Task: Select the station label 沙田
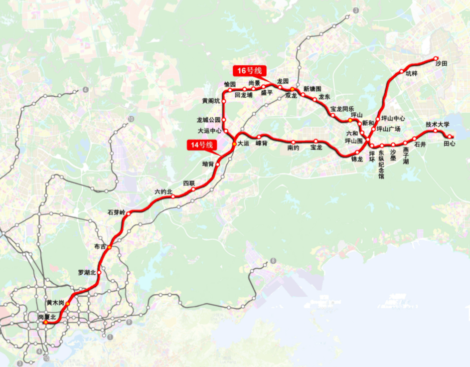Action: click(441, 64)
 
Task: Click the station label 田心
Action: click(449, 144)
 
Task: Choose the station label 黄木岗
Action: click(55, 303)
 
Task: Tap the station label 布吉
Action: click(100, 246)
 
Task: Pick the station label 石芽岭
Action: click(117, 212)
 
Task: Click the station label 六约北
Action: click(163, 192)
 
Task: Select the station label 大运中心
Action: click(209, 131)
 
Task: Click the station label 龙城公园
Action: click(208, 120)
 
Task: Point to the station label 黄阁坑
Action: click(211, 101)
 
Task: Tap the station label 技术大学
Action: click(437, 124)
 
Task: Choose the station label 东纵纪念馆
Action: click(381, 164)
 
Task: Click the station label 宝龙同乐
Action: click(342, 108)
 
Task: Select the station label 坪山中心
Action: click(393, 119)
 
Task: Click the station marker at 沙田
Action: click(436, 58)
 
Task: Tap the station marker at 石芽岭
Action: click(129, 213)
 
